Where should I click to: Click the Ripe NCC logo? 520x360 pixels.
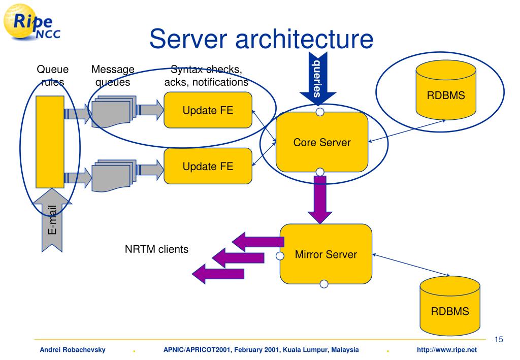(x=31, y=22)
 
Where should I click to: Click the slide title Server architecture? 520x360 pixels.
(x=262, y=39)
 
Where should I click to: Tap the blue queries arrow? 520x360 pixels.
(x=318, y=79)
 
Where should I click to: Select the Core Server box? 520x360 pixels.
(x=321, y=142)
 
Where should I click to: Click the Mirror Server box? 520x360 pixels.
(x=326, y=254)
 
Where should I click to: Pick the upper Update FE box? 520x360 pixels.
(x=208, y=110)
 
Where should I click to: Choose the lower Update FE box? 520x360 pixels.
(x=208, y=166)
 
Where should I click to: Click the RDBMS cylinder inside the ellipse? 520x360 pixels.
(x=446, y=90)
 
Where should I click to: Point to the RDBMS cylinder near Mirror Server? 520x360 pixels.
(x=450, y=306)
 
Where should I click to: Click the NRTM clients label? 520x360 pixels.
(x=156, y=249)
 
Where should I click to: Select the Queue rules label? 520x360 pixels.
(x=52, y=76)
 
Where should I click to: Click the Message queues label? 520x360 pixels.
(x=113, y=76)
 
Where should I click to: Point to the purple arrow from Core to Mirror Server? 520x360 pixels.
(x=320, y=200)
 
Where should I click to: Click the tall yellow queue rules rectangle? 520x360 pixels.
(x=50, y=142)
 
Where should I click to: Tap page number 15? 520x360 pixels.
(x=499, y=340)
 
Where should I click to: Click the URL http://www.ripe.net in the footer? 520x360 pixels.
(x=447, y=350)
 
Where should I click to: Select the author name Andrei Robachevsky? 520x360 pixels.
(x=73, y=350)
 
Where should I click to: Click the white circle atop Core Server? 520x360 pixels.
(x=320, y=112)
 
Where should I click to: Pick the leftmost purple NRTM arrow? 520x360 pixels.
(x=218, y=274)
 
